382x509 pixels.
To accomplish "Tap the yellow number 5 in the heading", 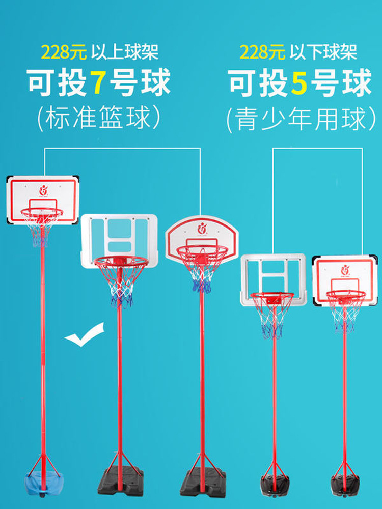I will pyautogui.click(x=299, y=82).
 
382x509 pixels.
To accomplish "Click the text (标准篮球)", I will pyautogui.click(x=98, y=118).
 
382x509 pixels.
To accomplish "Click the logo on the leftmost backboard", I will pyautogui.click(x=43, y=190).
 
